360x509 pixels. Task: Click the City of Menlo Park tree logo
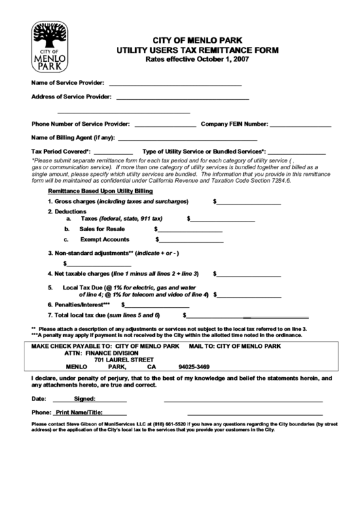[50, 46]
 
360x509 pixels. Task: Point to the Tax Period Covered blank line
[113, 152]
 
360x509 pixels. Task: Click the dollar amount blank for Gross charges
[249, 203]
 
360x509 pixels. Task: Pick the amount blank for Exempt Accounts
[192, 240]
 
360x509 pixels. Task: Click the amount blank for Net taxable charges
[249, 275]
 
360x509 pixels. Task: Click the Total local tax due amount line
[249, 316]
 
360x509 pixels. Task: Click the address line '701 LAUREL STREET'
[124, 360]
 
